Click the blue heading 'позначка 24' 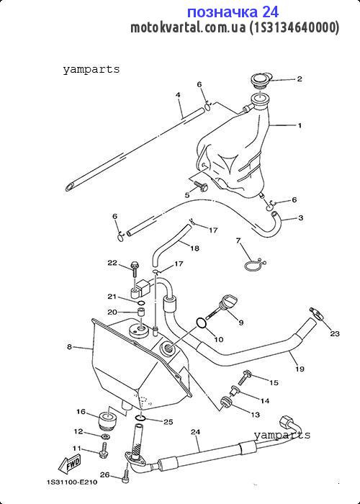point(233,12)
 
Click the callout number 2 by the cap point(300,78)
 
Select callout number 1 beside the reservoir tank point(300,125)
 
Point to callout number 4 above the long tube point(178,95)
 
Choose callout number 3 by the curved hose point(300,217)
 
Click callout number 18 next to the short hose point(194,248)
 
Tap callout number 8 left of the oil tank point(69,347)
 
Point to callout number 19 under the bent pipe point(300,369)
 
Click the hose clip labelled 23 point(317,313)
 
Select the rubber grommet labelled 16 point(107,419)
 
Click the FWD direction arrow point(69,465)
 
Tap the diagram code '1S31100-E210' point(72,482)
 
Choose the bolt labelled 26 point(126,476)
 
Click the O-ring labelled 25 point(140,418)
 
